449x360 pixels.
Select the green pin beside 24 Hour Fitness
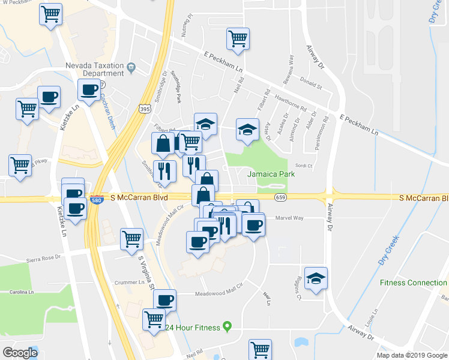227,327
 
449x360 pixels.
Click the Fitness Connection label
414,283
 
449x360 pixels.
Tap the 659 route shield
280,197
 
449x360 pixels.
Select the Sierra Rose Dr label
43,259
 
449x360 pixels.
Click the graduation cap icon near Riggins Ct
316,278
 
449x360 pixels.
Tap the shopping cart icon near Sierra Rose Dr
131,239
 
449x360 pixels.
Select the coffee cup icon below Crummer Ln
164,300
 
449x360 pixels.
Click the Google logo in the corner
20,353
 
